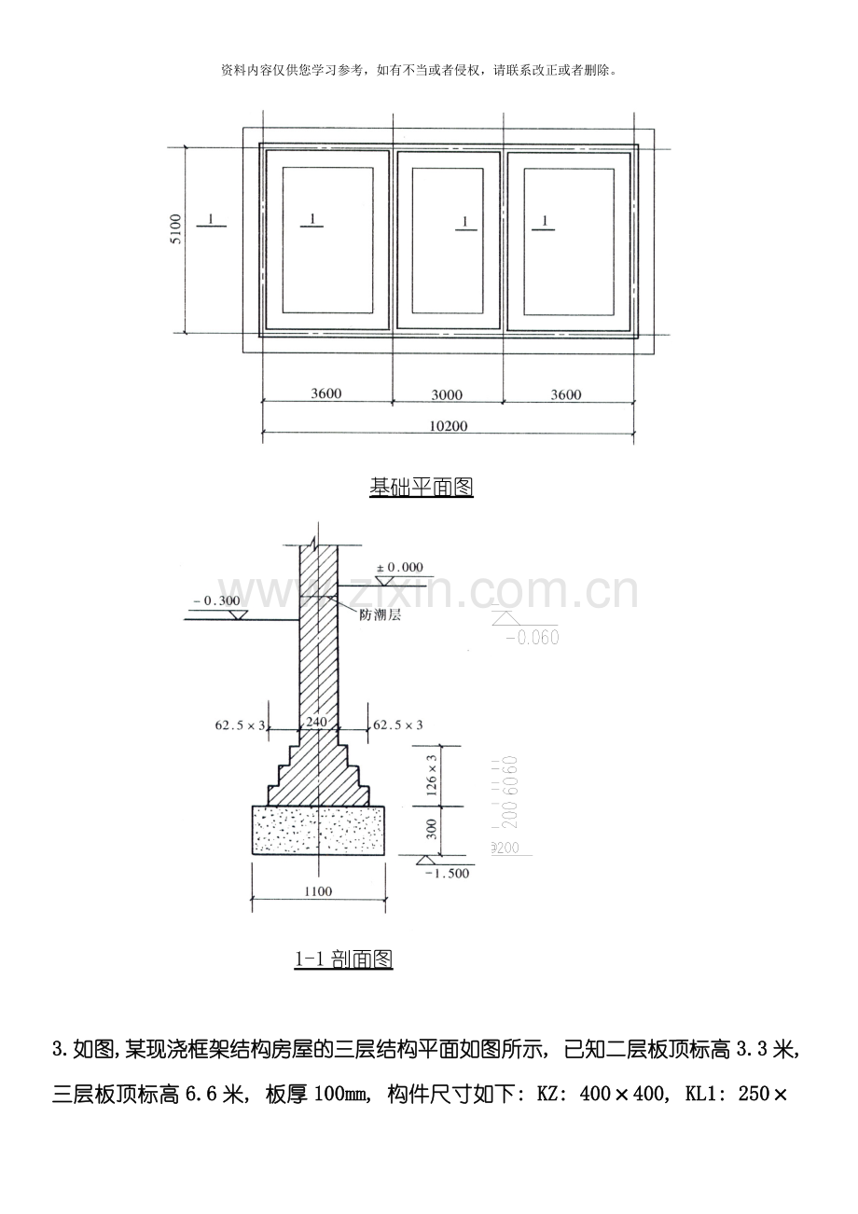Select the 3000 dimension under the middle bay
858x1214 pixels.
447,394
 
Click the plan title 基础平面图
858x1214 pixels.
422,487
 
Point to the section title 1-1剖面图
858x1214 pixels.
343,959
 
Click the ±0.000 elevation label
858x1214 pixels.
398,567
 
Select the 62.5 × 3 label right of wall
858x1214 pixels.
398,724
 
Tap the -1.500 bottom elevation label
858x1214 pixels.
447,873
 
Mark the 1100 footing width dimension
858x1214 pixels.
317,891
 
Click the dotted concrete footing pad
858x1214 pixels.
318,830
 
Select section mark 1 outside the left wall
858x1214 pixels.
212,219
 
